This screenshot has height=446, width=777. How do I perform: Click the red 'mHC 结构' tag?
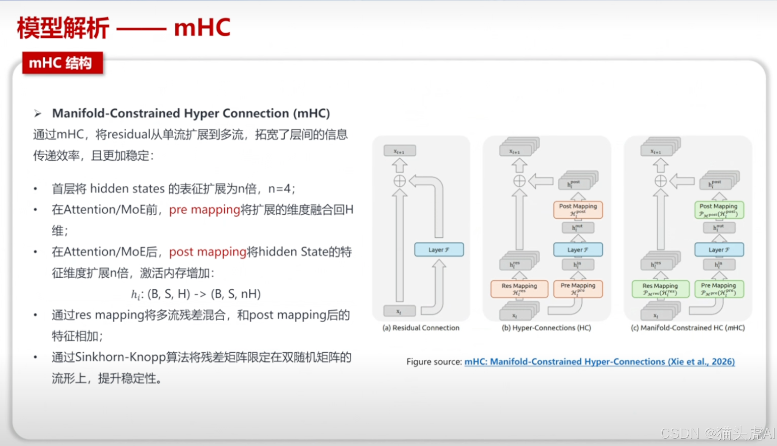coord(62,63)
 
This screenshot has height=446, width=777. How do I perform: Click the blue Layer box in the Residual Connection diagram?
coord(439,249)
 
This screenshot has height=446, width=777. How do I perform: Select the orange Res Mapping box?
coord(519,289)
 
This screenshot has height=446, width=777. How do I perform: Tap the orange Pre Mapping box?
coord(578,289)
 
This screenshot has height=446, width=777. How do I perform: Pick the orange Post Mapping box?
coord(578,210)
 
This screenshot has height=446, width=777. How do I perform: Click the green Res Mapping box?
coord(660,289)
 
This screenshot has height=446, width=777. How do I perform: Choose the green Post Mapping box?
coord(719,210)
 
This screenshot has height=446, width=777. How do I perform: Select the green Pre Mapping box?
coord(719,289)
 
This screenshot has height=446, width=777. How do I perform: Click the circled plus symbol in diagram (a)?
coord(399,181)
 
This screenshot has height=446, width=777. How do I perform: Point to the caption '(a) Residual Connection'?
coord(421,328)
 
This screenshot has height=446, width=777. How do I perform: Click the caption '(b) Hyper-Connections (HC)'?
coord(546,328)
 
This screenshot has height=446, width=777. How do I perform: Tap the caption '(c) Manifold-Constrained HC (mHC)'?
coord(688,328)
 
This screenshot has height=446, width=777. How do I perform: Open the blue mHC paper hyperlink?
coord(599,361)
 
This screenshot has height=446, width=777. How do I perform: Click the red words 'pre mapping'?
coord(204,210)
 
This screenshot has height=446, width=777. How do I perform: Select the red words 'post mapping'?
coord(207,252)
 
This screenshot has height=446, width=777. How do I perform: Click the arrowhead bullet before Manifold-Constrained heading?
coord(38,113)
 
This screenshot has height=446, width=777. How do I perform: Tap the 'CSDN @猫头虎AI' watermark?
coord(718,433)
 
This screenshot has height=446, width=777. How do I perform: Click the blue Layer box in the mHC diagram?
coord(719,249)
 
